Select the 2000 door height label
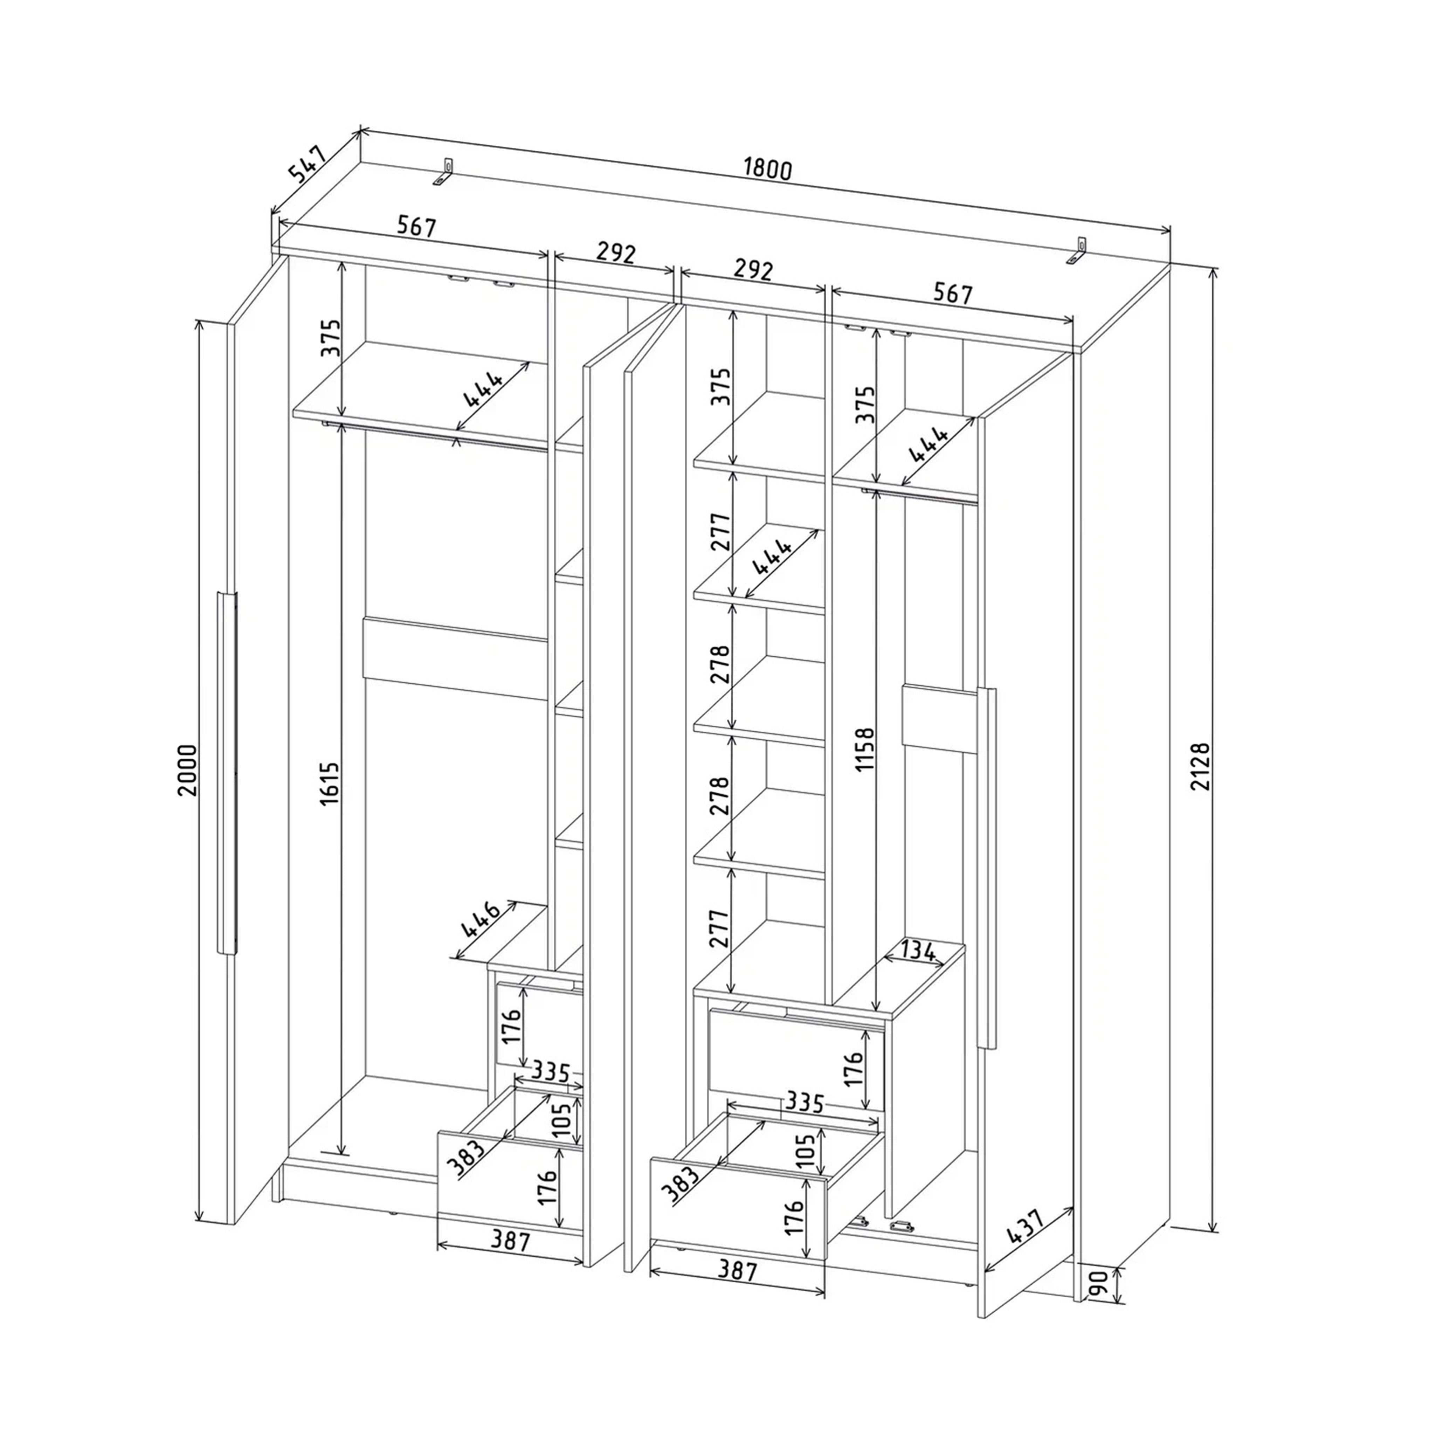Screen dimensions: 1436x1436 (188, 770)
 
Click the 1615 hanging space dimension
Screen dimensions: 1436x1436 (329, 782)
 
